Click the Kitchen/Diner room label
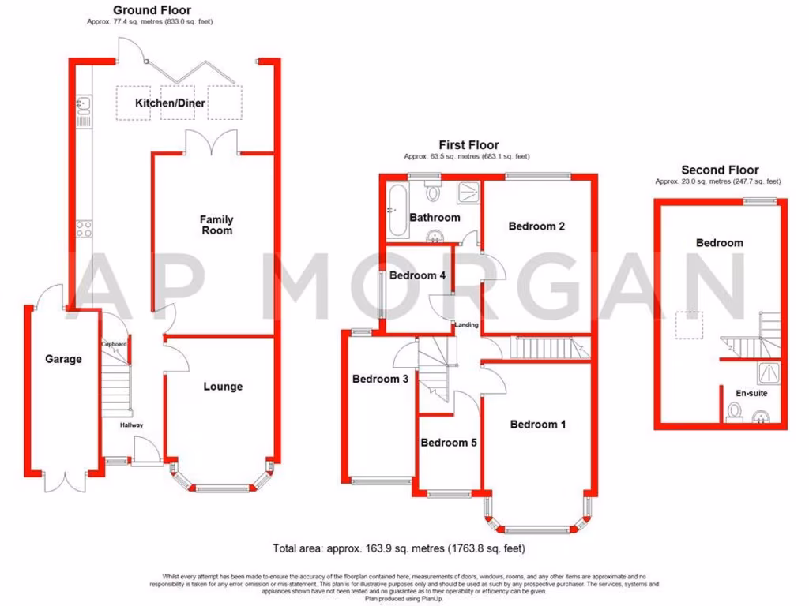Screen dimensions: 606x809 click(170, 103)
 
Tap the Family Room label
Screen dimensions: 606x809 click(216, 225)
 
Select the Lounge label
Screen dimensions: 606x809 click(223, 387)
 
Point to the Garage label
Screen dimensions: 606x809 click(63, 359)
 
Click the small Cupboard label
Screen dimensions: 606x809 click(114, 345)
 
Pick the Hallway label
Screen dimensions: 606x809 click(131, 425)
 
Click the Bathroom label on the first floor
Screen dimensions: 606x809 click(435, 218)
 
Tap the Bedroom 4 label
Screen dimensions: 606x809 click(418, 275)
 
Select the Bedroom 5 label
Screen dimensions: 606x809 click(449, 443)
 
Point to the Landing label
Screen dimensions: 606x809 click(465, 324)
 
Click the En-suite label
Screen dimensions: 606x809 click(751, 393)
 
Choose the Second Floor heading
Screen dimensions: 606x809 click(720, 170)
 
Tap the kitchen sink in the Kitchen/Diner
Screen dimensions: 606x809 click(83, 103)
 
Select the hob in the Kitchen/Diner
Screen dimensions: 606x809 click(83, 229)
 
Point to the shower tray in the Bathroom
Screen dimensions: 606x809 click(469, 190)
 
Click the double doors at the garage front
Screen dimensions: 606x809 click(65, 478)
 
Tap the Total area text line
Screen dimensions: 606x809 click(399, 548)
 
